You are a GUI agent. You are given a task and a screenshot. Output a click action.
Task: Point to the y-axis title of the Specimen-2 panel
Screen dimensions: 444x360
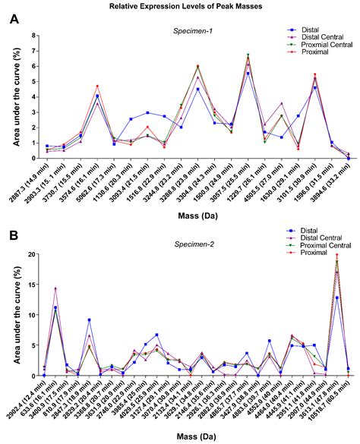(x=13, y=314)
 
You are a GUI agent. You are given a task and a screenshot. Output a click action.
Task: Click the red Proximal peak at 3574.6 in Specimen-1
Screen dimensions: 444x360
(x=97, y=87)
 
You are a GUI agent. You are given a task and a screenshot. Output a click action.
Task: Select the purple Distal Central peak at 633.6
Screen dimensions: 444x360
(x=55, y=288)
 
